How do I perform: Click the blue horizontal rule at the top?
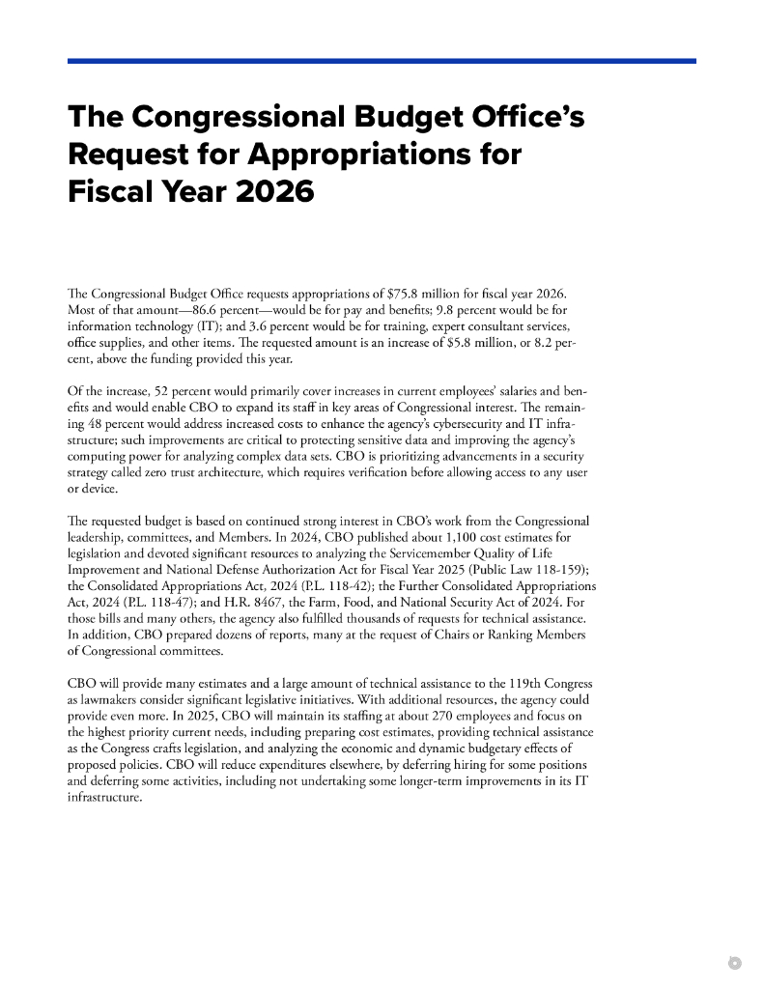(x=382, y=61)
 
